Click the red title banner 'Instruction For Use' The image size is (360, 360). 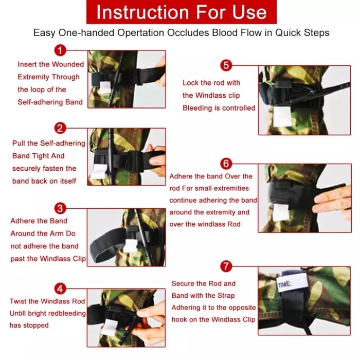(182, 12)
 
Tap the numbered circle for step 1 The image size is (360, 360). (61, 50)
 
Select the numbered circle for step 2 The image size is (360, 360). (61, 128)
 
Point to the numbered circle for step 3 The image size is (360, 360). (61, 208)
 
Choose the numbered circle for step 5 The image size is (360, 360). (226, 65)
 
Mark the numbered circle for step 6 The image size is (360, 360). (226, 164)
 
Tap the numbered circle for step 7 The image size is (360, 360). (226, 266)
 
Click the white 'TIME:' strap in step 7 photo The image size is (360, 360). (292, 282)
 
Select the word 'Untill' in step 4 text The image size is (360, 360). (22, 313)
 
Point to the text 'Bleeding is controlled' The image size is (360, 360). (219, 108)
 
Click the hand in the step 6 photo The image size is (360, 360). (333, 201)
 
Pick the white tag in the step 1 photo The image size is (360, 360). (105, 85)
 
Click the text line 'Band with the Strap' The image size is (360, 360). (203, 295)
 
